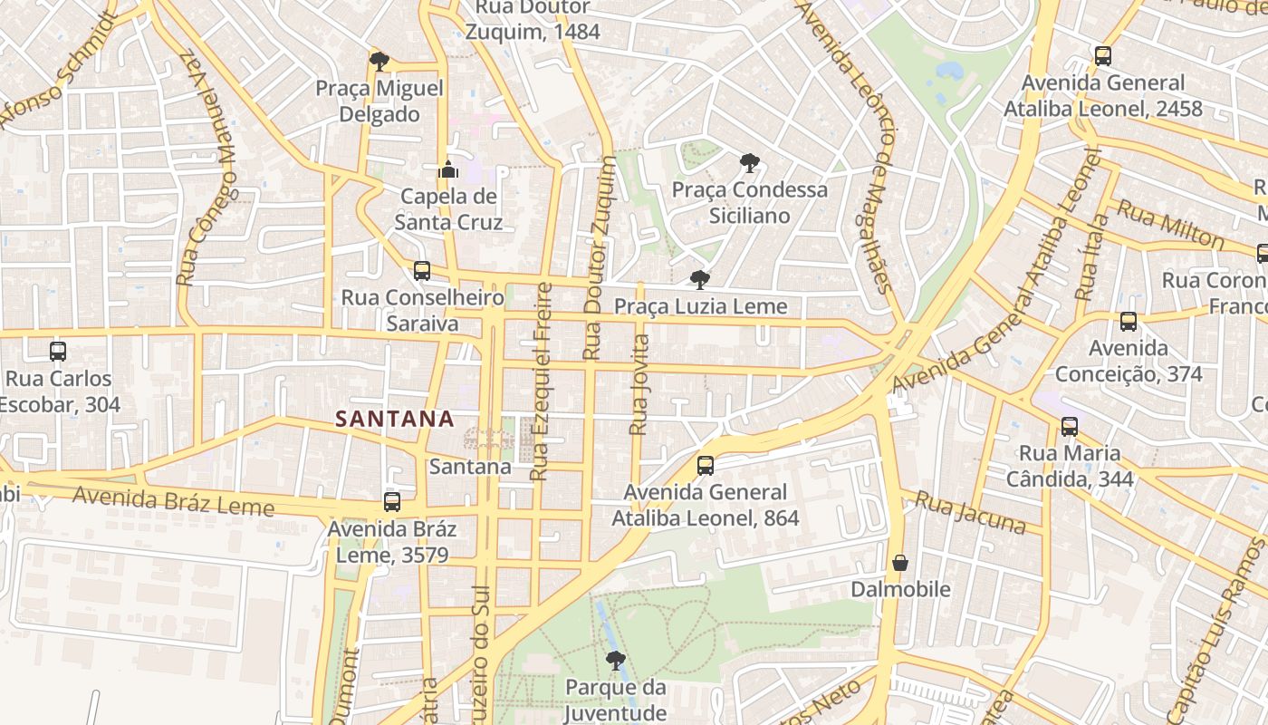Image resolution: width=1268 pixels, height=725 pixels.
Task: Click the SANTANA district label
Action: (x=394, y=419)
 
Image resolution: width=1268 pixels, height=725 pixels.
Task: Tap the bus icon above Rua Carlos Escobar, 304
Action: (x=58, y=351)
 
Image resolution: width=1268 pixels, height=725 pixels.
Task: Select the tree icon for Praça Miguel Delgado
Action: (x=379, y=62)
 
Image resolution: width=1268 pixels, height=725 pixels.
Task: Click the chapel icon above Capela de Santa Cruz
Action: (x=447, y=169)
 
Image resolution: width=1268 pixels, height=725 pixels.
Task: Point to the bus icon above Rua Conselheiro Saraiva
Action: (x=422, y=270)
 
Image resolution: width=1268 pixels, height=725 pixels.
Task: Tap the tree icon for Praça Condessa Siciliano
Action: (x=749, y=163)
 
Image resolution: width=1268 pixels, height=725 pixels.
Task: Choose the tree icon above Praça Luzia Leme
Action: (x=699, y=279)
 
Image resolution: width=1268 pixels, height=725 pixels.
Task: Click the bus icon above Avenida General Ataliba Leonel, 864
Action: (x=706, y=466)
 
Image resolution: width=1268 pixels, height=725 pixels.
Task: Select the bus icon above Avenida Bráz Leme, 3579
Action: (x=392, y=501)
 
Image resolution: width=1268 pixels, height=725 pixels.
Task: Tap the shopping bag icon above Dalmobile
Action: (x=900, y=563)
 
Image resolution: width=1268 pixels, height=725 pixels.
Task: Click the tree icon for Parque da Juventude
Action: (x=616, y=660)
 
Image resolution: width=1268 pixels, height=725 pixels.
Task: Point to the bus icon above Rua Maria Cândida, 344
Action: (x=1070, y=426)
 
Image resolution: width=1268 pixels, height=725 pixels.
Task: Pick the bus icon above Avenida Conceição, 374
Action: (x=1129, y=321)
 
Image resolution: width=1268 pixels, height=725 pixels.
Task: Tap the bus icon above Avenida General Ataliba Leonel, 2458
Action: (x=1103, y=55)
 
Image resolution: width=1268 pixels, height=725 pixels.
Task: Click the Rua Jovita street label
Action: (x=639, y=384)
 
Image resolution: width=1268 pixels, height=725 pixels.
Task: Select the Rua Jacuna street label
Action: (x=970, y=513)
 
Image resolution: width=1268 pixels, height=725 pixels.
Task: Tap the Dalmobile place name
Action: (x=900, y=590)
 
